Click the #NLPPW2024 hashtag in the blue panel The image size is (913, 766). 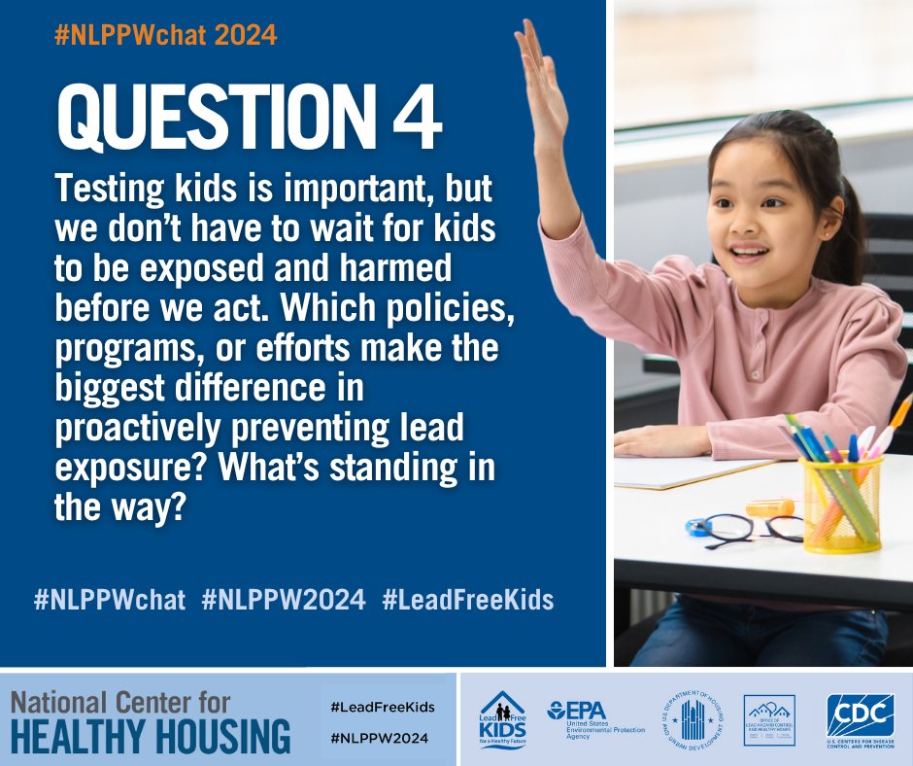(284, 600)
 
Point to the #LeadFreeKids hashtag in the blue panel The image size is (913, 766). (468, 600)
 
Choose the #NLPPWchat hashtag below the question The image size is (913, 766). (109, 600)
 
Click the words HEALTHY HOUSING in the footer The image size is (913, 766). (151, 736)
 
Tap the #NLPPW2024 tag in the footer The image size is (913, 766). (378, 738)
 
